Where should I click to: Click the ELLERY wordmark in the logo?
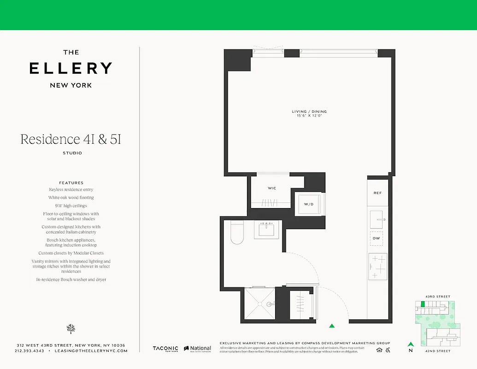click(x=71, y=68)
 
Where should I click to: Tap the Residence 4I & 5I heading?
click(x=71, y=139)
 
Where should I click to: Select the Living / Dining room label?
click(x=309, y=112)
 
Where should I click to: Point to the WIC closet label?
click(x=272, y=188)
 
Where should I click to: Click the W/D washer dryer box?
click(x=309, y=204)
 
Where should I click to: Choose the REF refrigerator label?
click(x=377, y=193)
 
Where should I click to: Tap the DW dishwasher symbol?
click(x=377, y=238)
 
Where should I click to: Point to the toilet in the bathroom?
click(x=237, y=232)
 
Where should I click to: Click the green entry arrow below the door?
click(x=332, y=326)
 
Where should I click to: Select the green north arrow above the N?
click(x=410, y=344)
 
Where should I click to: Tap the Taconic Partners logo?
click(x=166, y=349)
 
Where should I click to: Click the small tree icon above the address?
click(x=71, y=328)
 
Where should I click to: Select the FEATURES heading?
click(x=71, y=183)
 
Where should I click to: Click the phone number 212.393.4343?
click(x=29, y=351)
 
